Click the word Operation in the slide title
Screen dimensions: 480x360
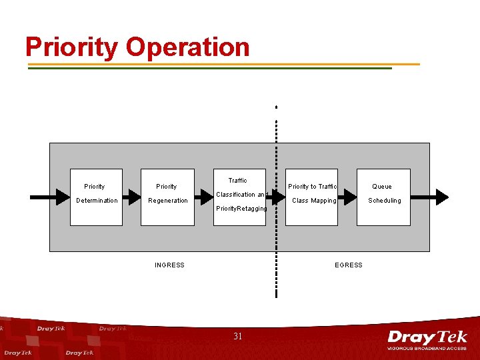(x=187, y=47)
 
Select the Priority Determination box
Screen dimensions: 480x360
(x=97, y=197)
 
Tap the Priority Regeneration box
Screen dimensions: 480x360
(x=167, y=197)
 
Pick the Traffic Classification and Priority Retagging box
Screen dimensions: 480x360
(x=240, y=197)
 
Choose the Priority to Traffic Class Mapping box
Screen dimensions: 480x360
(x=313, y=197)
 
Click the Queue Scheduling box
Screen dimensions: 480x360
(x=382, y=197)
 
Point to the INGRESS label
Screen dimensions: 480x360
(x=169, y=265)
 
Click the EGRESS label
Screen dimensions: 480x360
(x=349, y=265)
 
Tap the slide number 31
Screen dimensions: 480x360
(x=238, y=337)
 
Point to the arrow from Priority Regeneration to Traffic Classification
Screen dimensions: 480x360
(x=204, y=197)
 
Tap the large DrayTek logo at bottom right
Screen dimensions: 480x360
(x=427, y=337)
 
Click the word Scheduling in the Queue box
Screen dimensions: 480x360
(x=385, y=201)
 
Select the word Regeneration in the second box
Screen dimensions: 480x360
(x=168, y=201)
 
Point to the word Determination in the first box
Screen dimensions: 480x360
(x=97, y=201)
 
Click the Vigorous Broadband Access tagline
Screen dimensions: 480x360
(x=427, y=348)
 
